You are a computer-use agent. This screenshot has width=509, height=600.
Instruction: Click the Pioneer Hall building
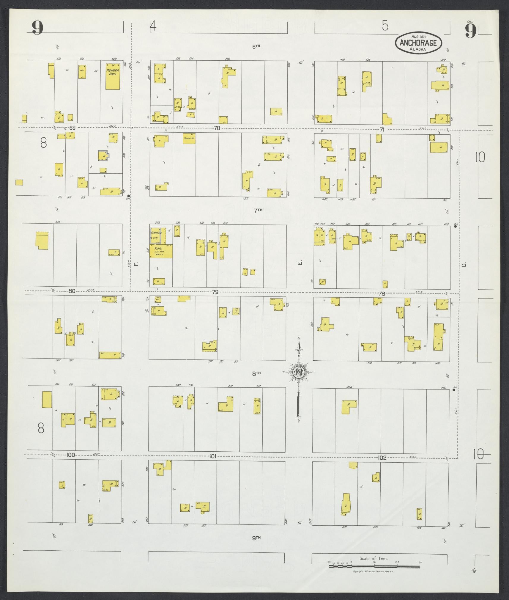pos(113,76)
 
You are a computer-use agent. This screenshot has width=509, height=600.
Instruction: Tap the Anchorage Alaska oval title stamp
pos(418,43)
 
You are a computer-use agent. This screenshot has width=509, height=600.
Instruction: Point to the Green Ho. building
pos(189,138)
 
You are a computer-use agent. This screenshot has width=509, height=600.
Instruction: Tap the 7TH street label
pos(258,210)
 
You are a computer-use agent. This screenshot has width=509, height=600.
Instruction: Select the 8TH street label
pos(256,373)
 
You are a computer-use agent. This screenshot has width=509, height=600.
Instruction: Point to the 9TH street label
pos(256,537)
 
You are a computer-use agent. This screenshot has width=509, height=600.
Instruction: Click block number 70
pos(217,128)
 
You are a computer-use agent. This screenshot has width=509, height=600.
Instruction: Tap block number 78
pos(382,294)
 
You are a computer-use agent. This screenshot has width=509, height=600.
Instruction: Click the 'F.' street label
pos(136,264)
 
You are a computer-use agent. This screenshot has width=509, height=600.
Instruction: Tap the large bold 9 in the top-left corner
pos(37,29)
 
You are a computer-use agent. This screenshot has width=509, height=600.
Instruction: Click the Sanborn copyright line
pos(373,571)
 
